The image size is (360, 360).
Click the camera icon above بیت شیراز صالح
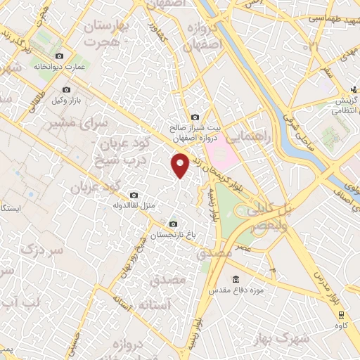pyautogui.click(x=195, y=117)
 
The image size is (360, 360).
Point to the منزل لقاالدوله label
pyautogui.click(x=133, y=205)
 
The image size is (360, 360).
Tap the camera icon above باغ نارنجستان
pyautogui.click(x=173, y=224)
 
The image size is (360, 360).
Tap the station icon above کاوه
pyautogui.click(x=342, y=314)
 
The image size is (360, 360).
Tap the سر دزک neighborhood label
pyautogui.click(x=41, y=250)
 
